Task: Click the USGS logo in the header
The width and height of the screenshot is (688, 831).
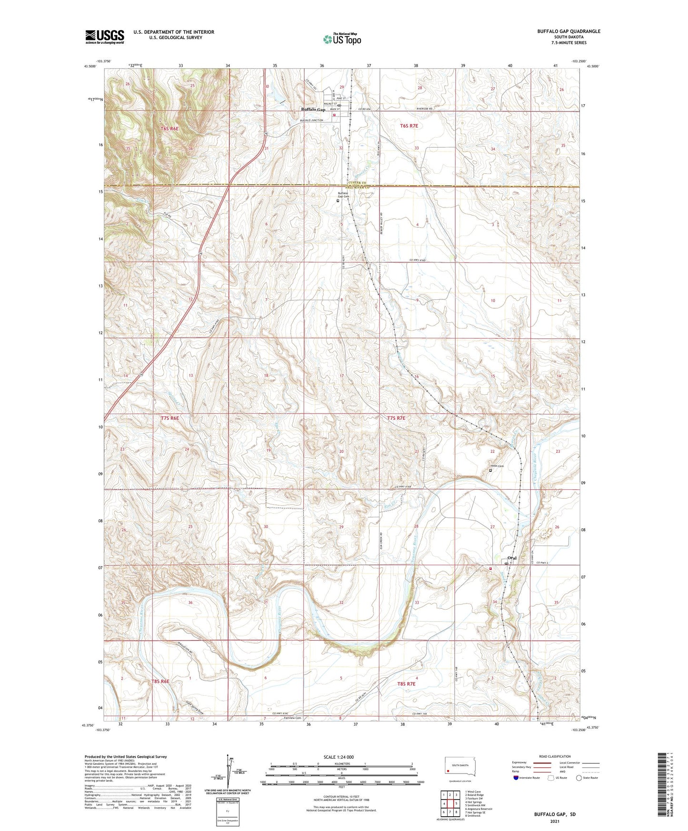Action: coord(104,37)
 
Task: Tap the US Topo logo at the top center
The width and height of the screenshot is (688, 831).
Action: coord(342,39)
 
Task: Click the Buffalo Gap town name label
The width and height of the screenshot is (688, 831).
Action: coord(313,109)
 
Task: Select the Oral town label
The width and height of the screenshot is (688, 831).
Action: coord(512,558)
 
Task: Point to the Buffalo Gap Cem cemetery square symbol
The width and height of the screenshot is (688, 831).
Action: coord(338,201)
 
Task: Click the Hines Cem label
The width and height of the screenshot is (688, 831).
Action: coord(497,466)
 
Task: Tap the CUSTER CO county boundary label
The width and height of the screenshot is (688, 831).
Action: coord(357,183)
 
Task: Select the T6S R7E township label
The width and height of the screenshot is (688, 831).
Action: coord(409,126)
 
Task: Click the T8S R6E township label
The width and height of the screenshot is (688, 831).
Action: coord(160,682)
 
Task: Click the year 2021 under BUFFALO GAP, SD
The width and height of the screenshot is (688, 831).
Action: coord(554,821)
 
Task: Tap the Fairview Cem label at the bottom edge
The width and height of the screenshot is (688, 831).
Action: coord(292,718)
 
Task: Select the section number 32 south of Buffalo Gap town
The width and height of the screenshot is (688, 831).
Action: coord(341,148)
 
